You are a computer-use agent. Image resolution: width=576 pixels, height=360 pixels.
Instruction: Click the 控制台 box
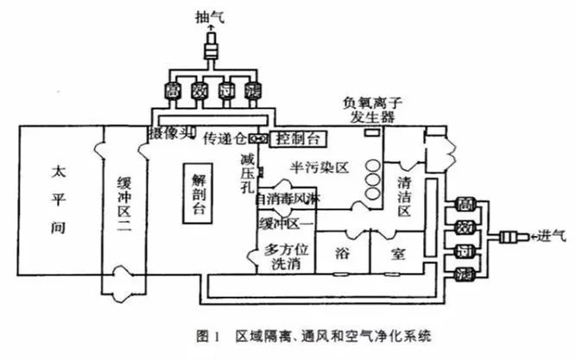297,138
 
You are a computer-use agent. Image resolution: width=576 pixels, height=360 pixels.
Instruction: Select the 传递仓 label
223,137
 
